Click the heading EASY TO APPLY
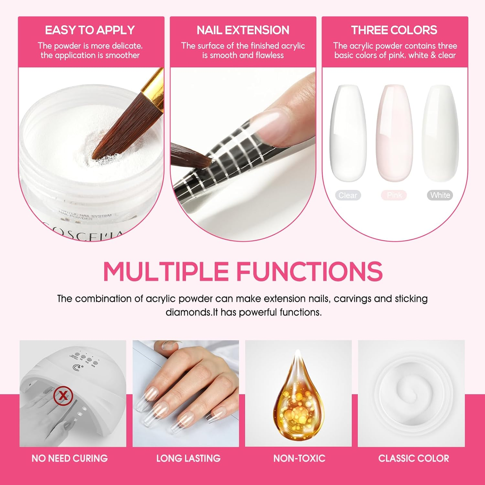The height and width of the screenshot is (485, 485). tap(90, 30)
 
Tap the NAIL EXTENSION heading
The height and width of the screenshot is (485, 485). tap(243, 30)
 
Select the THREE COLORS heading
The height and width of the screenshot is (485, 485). tap(394, 30)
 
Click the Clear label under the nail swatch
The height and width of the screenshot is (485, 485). tap(348, 195)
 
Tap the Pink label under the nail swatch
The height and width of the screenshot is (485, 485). tap(394, 195)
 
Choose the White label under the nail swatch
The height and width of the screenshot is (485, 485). tap(440, 195)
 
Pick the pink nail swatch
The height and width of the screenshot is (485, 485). tap(394, 133)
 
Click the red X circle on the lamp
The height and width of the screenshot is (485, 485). tap(63, 395)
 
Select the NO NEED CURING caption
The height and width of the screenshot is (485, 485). tap(70, 458)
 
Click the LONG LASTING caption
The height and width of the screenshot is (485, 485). tap(188, 458)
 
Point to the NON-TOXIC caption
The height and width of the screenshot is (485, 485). tap(299, 458)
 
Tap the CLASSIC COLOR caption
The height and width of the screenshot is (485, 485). tap(414, 458)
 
